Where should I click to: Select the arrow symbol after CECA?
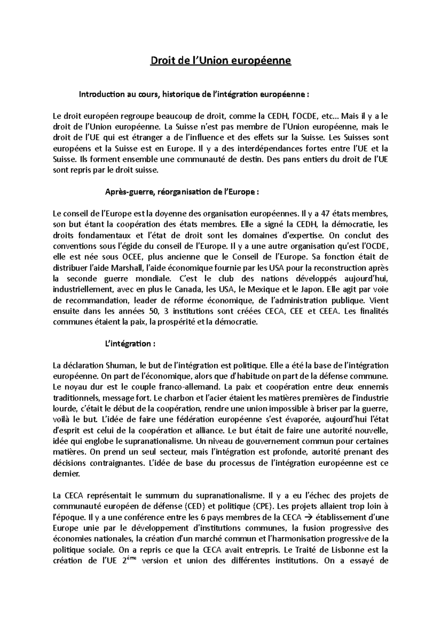(x=309, y=518)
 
